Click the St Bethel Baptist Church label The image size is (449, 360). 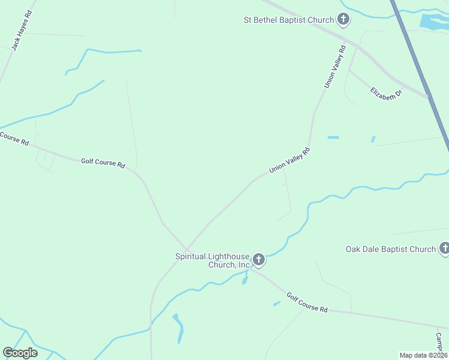click(288, 20)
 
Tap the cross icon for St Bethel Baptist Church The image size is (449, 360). click(343, 20)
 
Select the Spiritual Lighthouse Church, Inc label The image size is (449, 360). click(212, 260)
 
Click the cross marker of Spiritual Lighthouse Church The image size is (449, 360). click(259, 260)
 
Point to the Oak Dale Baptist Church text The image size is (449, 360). click(391, 249)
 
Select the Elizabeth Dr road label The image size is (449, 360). click(386, 93)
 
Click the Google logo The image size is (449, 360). click(20, 353)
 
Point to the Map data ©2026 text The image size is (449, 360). click(423, 355)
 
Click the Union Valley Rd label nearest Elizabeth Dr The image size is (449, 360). click(335, 67)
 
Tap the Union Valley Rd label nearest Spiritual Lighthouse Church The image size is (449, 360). click(289, 161)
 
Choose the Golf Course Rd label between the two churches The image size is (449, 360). click(307, 302)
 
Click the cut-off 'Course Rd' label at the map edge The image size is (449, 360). click(14, 139)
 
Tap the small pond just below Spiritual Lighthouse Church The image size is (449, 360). click(245, 280)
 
